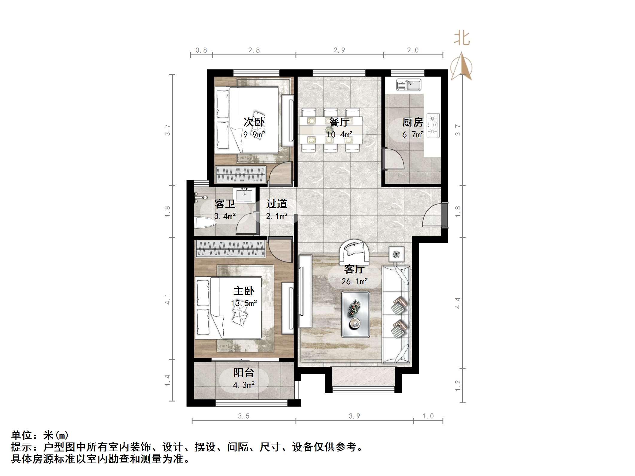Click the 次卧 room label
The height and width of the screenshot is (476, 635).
point(254,122)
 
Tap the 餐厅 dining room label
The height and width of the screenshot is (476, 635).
point(339,122)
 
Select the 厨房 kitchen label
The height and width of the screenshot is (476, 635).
point(413,122)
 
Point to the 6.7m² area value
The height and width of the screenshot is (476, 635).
point(413,135)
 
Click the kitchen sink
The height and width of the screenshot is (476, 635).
point(409,85)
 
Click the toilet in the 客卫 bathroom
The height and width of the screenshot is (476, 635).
point(205,223)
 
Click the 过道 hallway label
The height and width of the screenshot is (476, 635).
point(277,204)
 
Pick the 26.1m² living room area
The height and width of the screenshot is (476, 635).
point(354,282)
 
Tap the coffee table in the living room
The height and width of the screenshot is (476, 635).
point(356,314)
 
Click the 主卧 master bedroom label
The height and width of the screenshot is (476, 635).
point(244,291)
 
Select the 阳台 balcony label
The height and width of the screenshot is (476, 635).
point(244,372)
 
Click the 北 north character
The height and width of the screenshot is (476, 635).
point(462,39)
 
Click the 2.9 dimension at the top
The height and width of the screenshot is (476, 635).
point(339,50)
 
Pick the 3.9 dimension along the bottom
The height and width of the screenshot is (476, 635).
point(354,416)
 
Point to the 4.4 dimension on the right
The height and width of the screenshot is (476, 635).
point(458,303)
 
